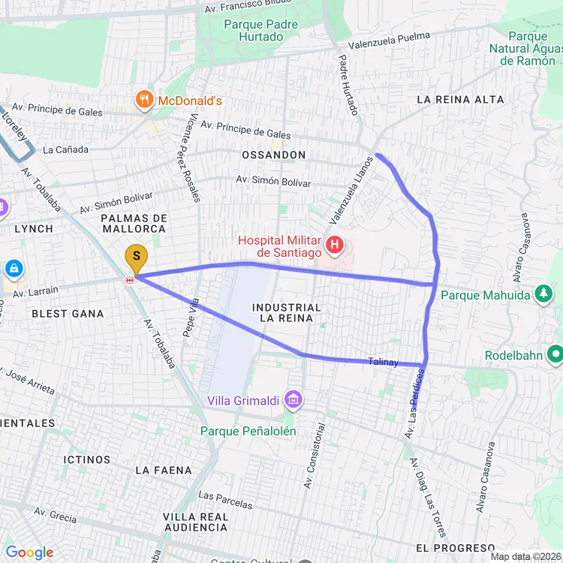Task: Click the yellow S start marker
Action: [136, 257]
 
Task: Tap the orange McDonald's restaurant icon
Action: [143, 99]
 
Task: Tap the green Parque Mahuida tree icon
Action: [543, 294]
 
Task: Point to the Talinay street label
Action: [383, 363]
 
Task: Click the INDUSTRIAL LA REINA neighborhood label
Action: [287, 314]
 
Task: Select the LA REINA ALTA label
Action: [455, 99]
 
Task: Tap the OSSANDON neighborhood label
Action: [273, 155]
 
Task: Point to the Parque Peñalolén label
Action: [248, 431]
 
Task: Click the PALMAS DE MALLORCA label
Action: [133, 223]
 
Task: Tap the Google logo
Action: [29, 553]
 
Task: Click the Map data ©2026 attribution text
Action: [525, 557]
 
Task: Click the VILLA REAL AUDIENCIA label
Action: [196, 522]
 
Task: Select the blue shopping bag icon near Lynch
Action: [14, 268]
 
